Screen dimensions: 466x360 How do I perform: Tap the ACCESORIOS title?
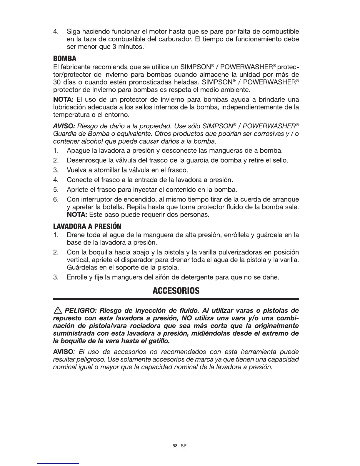click(176, 291)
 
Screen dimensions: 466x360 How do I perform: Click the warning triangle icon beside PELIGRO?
click(57, 311)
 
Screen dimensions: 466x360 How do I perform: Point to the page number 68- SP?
click(180, 446)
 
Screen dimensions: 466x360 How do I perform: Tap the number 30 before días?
click(57, 81)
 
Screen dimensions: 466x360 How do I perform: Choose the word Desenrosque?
click(84, 161)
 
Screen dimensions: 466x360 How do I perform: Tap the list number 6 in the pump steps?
click(55, 199)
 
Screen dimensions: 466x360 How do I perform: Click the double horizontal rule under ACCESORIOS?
click(176, 300)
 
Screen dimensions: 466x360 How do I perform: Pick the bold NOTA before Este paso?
click(76, 215)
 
